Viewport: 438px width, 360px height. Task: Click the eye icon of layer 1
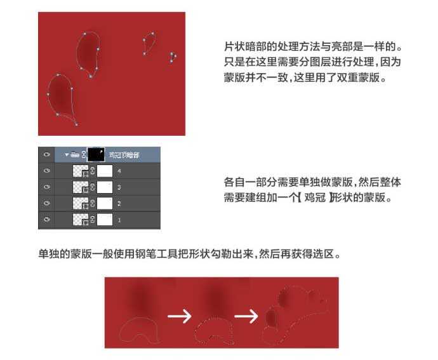coord(46,220)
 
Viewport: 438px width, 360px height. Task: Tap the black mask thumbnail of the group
coord(96,154)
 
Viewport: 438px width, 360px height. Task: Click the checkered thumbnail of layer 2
coord(81,204)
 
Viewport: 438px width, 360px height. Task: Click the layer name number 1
coord(119,220)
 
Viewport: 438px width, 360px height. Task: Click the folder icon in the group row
coord(76,154)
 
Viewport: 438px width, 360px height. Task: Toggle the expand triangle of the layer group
coord(66,154)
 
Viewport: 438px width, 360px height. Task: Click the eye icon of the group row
coord(46,154)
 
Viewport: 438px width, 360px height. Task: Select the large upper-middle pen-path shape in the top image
coord(88,53)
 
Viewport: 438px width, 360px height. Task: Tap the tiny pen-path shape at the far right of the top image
coord(172,57)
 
